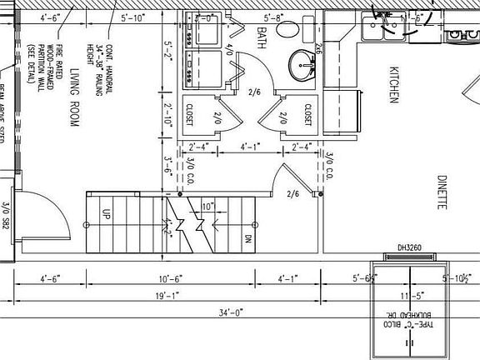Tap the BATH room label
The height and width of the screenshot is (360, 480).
(262, 35)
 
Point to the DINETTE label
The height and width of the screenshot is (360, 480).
(442, 193)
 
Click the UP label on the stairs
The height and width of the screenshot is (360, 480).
(106, 213)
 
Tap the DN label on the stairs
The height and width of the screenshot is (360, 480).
(247, 238)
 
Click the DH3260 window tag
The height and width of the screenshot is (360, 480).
(411, 247)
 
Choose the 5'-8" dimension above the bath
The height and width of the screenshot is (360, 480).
(272, 17)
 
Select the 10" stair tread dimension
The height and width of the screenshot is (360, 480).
(207, 206)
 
